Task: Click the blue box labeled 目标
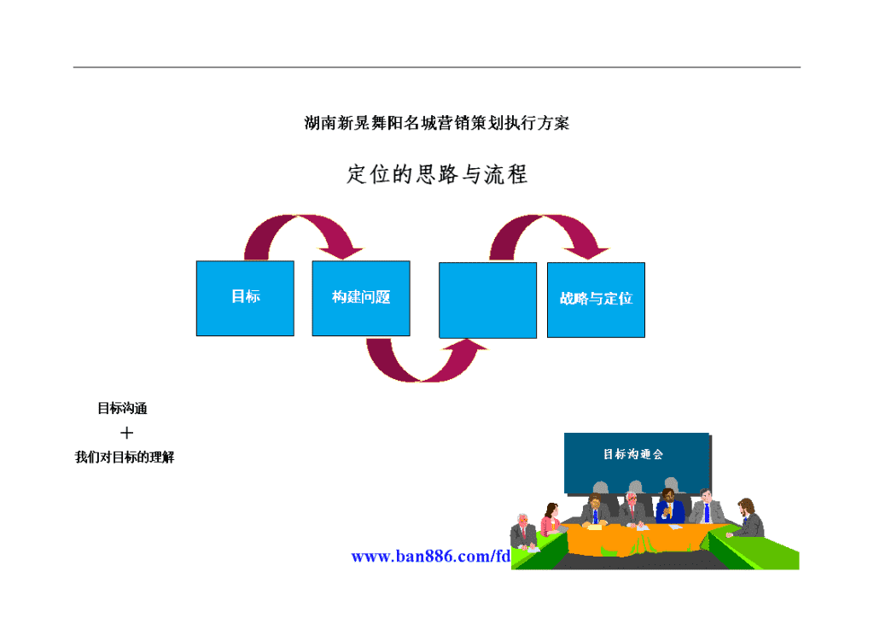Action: [245, 298]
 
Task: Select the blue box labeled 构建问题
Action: [361, 298]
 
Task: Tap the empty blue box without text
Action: [487, 300]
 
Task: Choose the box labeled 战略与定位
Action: [596, 300]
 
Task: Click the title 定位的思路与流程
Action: [437, 174]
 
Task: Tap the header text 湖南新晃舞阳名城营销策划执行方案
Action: [437, 123]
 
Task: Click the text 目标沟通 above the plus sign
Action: [123, 409]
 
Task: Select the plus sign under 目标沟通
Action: [126, 433]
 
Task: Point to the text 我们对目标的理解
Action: [125, 458]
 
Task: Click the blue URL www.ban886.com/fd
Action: [431, 557]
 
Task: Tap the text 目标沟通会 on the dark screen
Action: [633, 454]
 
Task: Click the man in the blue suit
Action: [670, 506]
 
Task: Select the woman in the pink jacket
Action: [551, 519]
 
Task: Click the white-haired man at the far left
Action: [523, 531]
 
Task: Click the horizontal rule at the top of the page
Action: [437, 67]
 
